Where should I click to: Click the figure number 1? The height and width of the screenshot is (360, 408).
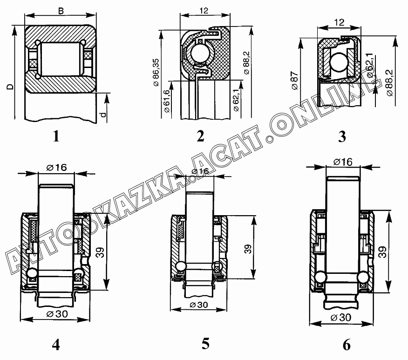(56, 136)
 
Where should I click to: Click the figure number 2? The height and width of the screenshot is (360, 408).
(200, 136)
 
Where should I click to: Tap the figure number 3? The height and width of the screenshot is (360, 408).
(342, 137)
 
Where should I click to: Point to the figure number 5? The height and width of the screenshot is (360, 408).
(205, 344)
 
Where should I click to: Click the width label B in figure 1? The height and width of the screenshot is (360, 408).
(61, 10)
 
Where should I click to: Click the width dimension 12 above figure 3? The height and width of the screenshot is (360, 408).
(340, 22)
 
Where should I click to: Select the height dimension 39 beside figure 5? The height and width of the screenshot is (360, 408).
(246, 248)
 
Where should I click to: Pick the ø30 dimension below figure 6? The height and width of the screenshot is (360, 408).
(343, 317)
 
